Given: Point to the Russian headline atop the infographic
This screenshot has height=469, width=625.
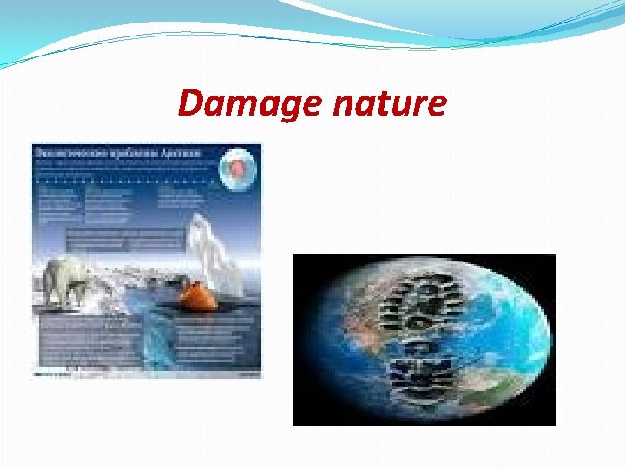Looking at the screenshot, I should [x=117, y=153].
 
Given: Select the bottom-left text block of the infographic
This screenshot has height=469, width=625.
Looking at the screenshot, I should [x=87, y=343].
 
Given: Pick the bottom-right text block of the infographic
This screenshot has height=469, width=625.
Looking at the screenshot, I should [x=217, y=343].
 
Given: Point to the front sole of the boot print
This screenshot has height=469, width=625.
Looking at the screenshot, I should [x=425, y=300].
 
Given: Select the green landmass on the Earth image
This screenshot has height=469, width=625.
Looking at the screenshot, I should [x=495, y=382].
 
